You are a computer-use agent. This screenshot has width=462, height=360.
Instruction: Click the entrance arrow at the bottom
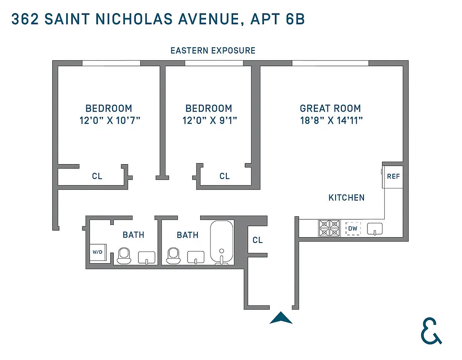[x=281, y=318]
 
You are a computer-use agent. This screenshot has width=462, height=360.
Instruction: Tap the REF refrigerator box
[x=393, y=176]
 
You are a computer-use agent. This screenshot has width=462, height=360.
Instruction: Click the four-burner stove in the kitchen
[x=329, y=229]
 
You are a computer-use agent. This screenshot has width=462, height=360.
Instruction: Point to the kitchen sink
[x=374, y=229]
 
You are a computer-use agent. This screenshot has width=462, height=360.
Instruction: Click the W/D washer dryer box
[x=98, y=252]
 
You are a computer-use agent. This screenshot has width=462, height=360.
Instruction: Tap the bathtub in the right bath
[x=221, y=241]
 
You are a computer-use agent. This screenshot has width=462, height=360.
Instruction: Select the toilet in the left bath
[x=124, y=256]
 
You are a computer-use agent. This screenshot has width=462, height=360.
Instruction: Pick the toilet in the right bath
[x=173, y=256]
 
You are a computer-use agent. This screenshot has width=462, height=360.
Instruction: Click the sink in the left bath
[x=146, y=258]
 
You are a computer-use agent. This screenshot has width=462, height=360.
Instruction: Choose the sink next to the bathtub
[x=196, y=258]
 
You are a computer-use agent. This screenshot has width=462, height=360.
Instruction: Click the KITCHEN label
[x=346, y=198]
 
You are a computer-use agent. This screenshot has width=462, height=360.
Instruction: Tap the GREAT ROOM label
[x=330, y=108]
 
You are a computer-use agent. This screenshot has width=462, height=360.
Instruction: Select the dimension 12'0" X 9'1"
[x=209, y=120]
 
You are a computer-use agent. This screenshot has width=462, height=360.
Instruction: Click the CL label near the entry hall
[x=257, y=240]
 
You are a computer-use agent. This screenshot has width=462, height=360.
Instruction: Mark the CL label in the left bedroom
[x=97, y=176]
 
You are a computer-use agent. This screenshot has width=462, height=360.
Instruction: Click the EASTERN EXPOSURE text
[x=213, y=50]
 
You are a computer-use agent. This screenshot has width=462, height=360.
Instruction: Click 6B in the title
[x=295, y=19]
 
